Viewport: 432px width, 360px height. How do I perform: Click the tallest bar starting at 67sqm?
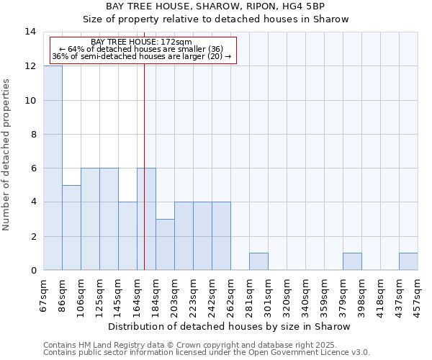(x=53, y=168)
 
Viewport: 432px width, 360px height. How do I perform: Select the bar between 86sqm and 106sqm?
(x=71, y=228)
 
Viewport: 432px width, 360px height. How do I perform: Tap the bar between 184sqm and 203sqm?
(x=165, y=245)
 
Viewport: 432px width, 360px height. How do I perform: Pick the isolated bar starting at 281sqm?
(x=258, y=262)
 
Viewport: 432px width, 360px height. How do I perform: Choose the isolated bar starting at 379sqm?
(x=352, y=262)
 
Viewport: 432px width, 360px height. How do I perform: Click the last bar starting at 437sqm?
(x=408, y=262)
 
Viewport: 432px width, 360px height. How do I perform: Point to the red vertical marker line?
(x=145, y=158)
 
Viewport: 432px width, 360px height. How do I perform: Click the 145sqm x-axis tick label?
(x=119, y=294)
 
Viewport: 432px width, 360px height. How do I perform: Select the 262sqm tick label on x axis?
(x=231, y=294)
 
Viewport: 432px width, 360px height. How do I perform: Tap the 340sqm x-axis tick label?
(x=306, y=294)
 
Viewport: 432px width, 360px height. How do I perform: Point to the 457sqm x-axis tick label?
(x=418, y=294)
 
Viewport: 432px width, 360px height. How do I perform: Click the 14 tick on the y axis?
(x=30, y=32)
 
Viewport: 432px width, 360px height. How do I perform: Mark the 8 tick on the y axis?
(x=32, y=134)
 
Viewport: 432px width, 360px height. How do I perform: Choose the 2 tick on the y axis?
(x=32, y=236)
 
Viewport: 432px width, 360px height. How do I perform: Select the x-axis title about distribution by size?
(x=230, y=326)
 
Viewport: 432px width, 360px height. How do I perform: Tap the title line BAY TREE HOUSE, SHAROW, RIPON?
(x=215, y=6)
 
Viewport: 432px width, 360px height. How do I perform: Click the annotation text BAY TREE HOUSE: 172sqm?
(x=142, y=42)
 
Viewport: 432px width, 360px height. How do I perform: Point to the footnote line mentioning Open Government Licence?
(x=207, y=353)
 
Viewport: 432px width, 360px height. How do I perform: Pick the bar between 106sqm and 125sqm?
(x=90, y=219)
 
